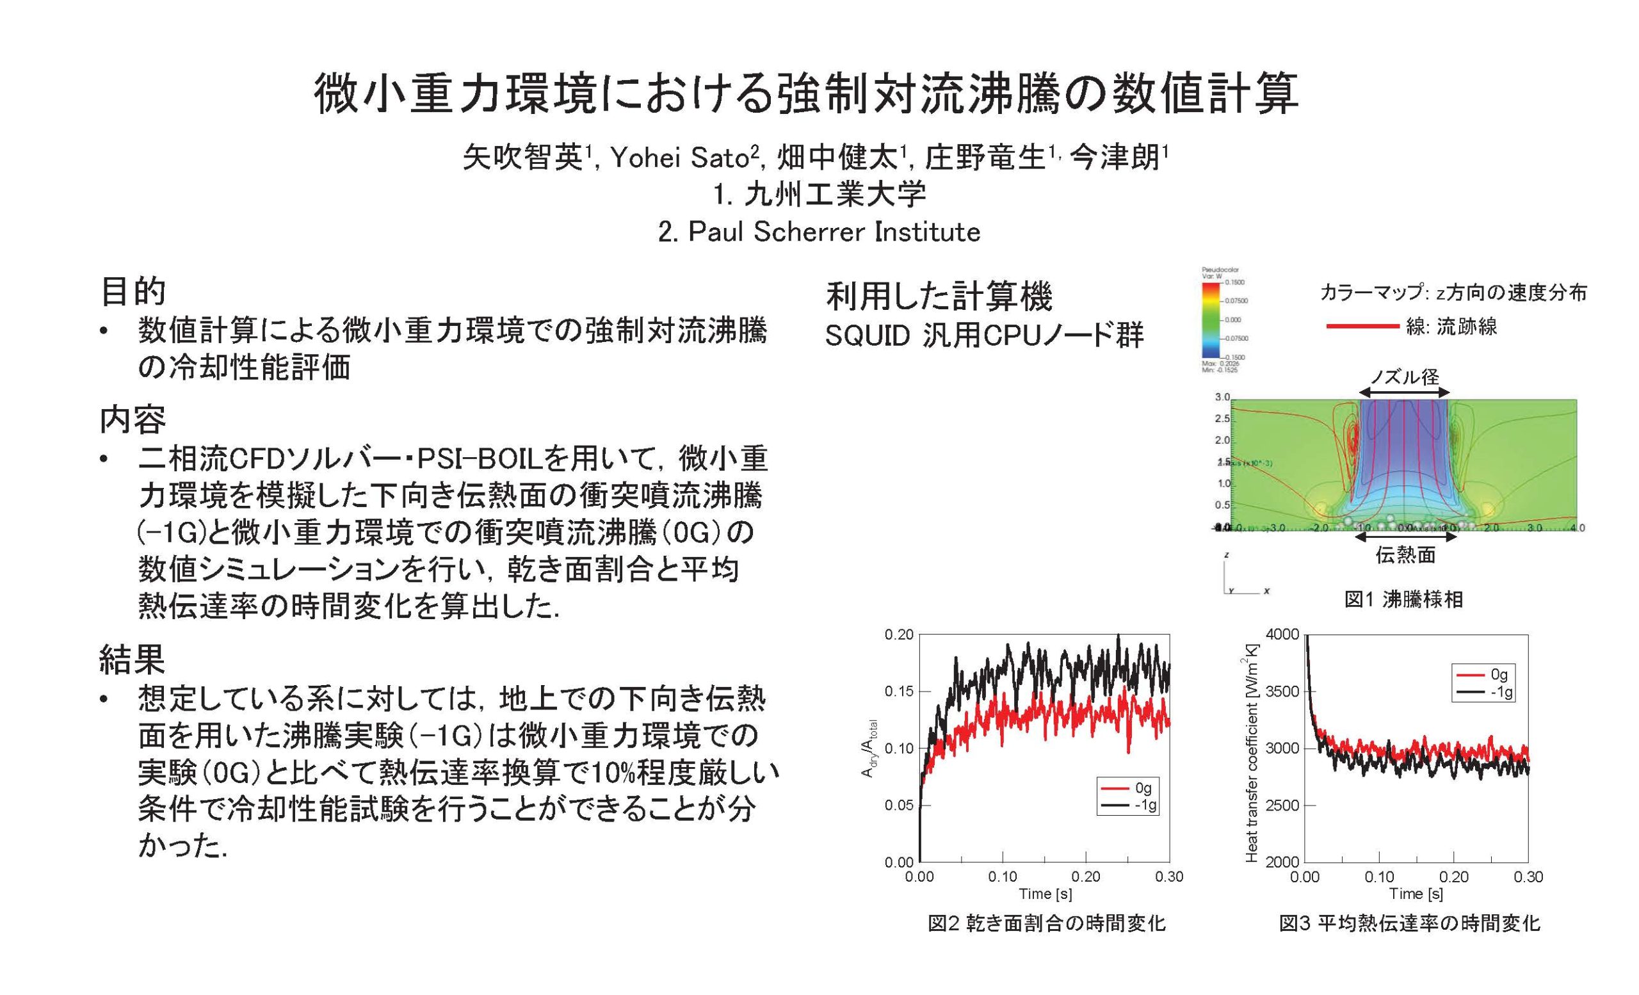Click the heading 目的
click(x=133, y=291)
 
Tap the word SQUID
click(x=867, y=337)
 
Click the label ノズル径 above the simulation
click(x=1404, y=377)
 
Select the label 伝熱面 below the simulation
click(x=1405, y=554)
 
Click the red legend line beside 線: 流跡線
click(x=1362, y=326)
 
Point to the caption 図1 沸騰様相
click(x=1403, y=599)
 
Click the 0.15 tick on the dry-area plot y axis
click(x=899, y=692)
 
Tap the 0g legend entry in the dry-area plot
click(x=1142, y=788)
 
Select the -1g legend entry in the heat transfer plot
click(x=1500, y=692)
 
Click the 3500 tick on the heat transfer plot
click(x=1281, y=692)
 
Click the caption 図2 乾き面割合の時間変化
click(x=1046, y=923)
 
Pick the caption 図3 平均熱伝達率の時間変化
click(x=1410, y=923)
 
